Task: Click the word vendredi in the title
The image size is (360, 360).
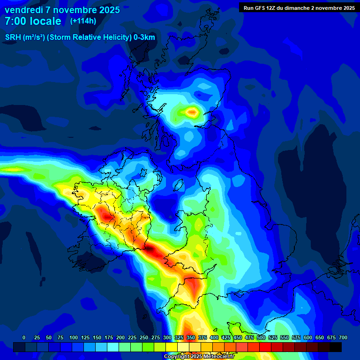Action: (24, 10)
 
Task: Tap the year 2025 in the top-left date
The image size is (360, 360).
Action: (107, 10)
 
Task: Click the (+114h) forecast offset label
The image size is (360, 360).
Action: (83, 21)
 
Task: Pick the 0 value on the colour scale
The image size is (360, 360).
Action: (24, 337)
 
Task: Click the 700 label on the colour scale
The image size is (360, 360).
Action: (343, 337)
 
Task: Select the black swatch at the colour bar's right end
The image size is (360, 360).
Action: (336, 347)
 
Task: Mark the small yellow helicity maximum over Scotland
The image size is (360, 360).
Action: (192, 112)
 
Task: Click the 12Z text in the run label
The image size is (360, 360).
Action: (271, 7)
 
